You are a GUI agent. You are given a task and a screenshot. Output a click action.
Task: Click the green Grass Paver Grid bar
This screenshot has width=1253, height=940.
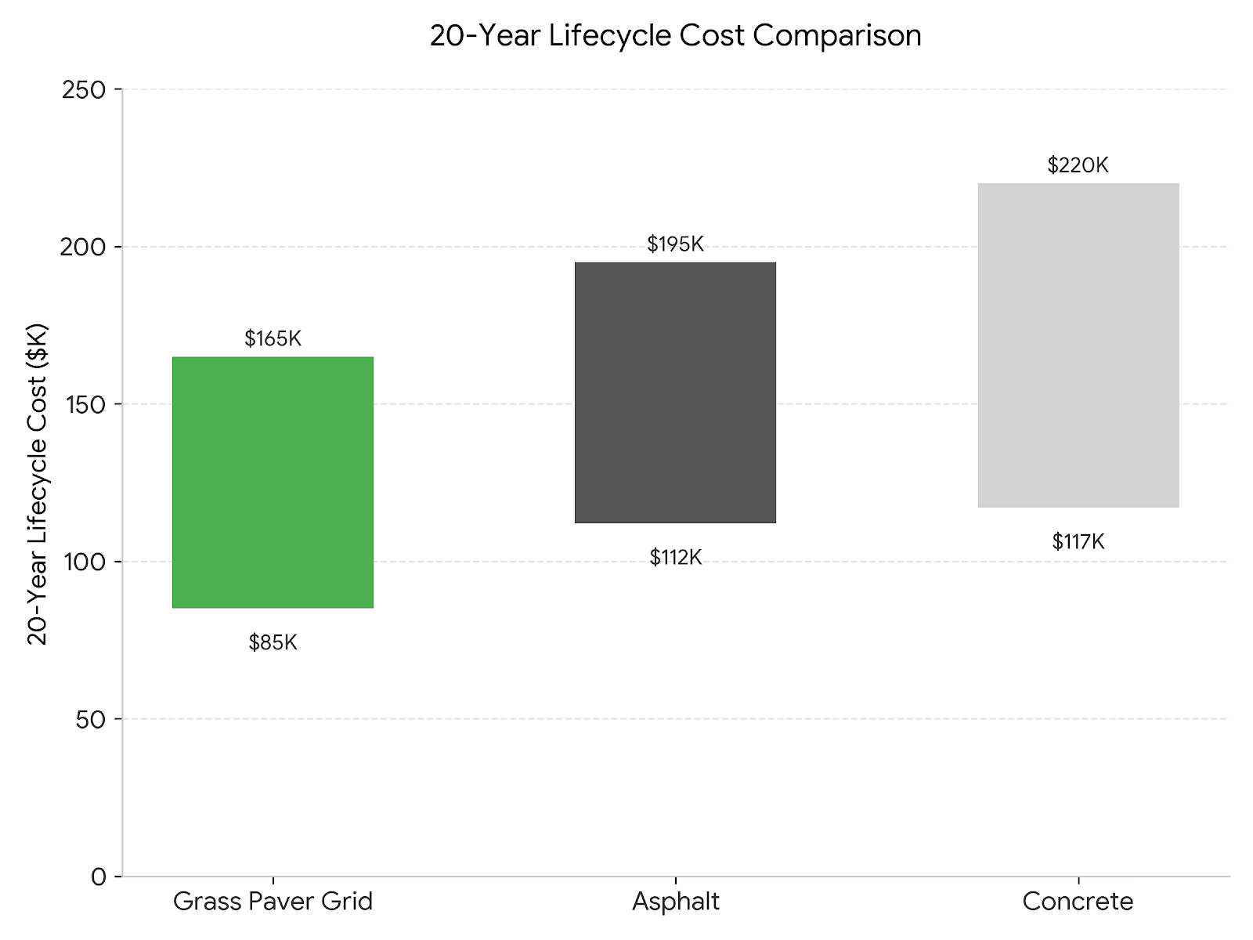273,482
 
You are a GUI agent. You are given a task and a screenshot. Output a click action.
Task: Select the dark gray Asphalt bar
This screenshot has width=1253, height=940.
675,392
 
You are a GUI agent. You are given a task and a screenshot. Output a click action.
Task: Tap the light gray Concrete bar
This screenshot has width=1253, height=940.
1078,345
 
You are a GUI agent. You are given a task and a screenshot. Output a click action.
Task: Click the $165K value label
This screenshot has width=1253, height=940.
273,338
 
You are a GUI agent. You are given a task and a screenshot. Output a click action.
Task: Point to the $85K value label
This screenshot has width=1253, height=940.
273,642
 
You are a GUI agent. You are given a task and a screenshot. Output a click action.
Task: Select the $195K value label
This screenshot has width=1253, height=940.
675,244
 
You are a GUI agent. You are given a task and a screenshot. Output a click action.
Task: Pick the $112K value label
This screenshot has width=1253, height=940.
675,558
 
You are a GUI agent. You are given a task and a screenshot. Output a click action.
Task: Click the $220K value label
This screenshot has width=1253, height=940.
1078,165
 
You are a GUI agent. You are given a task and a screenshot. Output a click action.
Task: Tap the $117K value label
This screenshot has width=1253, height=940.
1078,541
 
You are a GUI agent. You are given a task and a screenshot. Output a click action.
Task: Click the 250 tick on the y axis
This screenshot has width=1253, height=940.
83,89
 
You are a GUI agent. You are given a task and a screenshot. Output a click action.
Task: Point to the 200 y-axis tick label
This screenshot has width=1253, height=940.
83,247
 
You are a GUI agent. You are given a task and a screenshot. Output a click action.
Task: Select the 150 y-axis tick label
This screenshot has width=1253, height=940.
83,404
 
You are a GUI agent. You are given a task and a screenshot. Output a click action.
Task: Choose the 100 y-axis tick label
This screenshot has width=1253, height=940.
83,562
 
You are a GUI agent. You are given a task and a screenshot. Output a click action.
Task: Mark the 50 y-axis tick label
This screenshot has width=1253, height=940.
91,719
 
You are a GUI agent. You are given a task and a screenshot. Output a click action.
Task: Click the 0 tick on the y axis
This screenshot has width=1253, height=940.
99,877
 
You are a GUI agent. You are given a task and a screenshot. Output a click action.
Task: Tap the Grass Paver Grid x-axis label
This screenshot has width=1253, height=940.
273,902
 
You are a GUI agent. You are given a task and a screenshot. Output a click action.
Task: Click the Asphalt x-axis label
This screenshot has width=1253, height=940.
675,902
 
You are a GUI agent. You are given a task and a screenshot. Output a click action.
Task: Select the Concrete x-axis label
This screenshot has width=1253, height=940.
1078,902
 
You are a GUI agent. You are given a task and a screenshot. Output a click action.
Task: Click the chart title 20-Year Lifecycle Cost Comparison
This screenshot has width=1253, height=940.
675,35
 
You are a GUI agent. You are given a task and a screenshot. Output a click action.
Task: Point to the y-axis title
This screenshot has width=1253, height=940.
38,483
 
